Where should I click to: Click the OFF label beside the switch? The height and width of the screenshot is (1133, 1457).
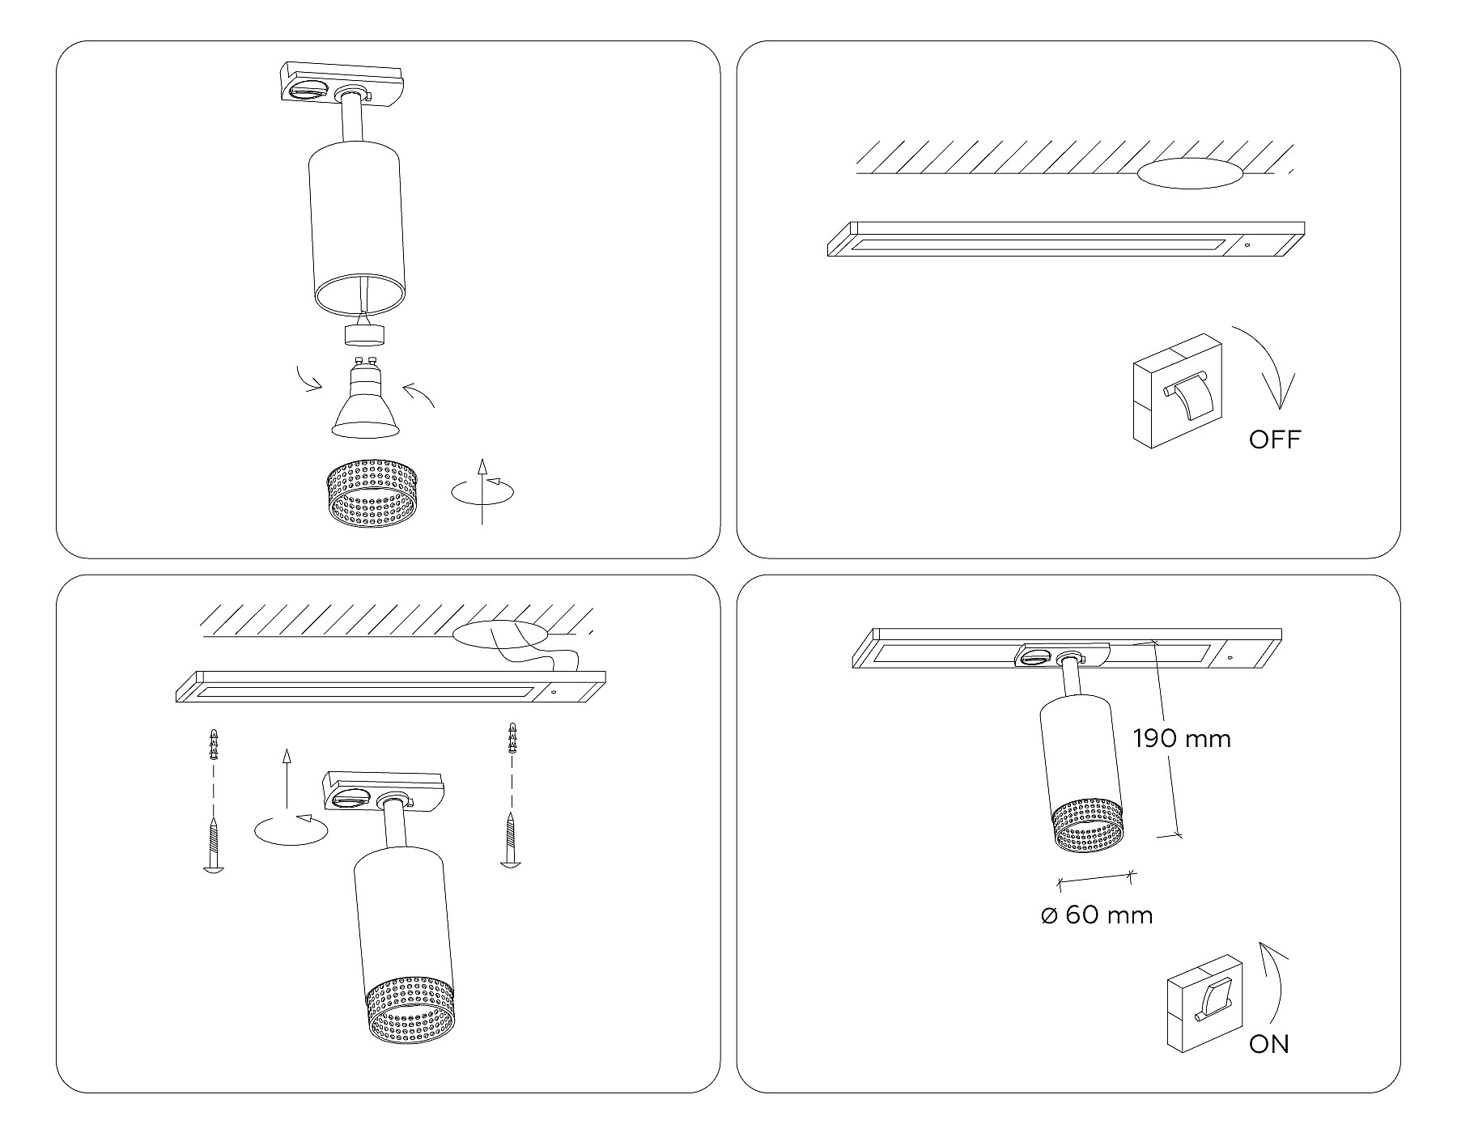[1274, 439]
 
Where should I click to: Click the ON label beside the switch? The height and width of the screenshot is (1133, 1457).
[1268, 1045]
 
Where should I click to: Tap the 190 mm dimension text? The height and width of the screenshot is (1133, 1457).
[1182, 739]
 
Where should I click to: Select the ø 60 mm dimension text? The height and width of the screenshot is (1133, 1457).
[1097, 915]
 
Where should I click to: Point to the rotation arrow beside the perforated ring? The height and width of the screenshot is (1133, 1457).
[483, 491]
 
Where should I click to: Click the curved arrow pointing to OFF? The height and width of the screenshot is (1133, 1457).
[1272, 364]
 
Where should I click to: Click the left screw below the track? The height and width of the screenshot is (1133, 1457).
[213, 846]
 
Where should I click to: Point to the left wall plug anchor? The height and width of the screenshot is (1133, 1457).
[214, 744]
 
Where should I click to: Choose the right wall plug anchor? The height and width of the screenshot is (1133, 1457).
[512, 738]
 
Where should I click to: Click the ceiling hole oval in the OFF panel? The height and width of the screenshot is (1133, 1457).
[1189, 173]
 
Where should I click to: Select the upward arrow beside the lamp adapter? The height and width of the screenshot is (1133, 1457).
[285, 779]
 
